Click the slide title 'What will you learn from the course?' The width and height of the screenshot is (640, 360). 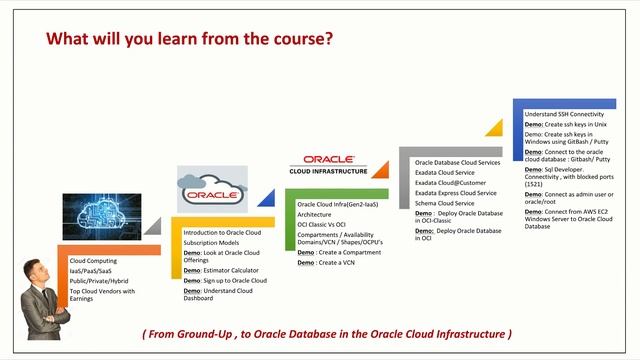click(x=190, y=39)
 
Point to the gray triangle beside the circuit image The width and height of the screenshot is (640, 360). click(x=152, y=228)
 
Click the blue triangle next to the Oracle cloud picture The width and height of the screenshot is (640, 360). click(x=265, y=199)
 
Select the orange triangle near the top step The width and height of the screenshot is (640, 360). click(x=493, y=127)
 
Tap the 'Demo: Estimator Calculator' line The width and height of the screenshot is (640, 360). click(x=220, y=270)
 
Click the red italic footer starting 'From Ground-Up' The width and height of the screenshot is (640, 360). click(x=327, y=333)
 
